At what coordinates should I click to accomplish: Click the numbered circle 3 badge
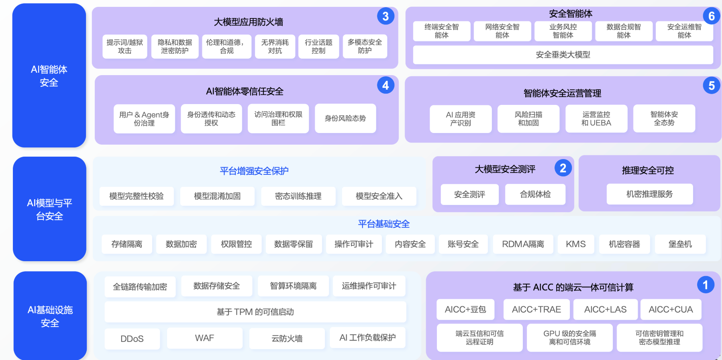pyautogui.click(x=385, y=16)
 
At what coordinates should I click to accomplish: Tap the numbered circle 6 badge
pyautogui.click(x=711, y=16)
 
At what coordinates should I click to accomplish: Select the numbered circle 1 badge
pyautogui.click(x=705, y=285)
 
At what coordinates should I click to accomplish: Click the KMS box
pyautogui.click(x=575, y=244)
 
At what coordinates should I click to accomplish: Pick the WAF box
pyautogui.click(x=204, y=338)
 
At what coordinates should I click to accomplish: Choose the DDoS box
pyautogui.click(x=132, y=339)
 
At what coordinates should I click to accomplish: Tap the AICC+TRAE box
pyautogui.click(x=536, y=309)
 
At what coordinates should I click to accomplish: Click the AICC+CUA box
pyautogui.click(x=671, y=309)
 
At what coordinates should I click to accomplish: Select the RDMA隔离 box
pyautogui.click(x=523, y=244)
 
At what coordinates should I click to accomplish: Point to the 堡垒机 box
pyautogui.click(x=680, y=244)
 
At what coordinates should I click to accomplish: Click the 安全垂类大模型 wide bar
pyautogui.click(x=563, y=55)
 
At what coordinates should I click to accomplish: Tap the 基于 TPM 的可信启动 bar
pyautogui.click(x=255, y=312)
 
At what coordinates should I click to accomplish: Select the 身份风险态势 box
pyautogui.click(x=345, y=118)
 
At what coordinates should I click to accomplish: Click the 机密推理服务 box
pyautogui.click(x=649, y=194)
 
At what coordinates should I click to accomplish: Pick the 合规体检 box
pyautogui.click(x=535, y=194)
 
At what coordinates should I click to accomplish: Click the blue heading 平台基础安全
pyautogui.click(x=383, y=224)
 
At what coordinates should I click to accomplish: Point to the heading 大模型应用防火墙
pyautogui.click(x=249, y=22)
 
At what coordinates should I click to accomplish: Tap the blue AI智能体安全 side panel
pyautogui.click(x=49, y=76)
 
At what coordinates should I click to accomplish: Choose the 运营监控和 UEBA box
pyautogui.click(x=596, y=119)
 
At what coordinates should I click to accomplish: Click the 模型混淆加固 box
pyautogui.click(x=217, y=196)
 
